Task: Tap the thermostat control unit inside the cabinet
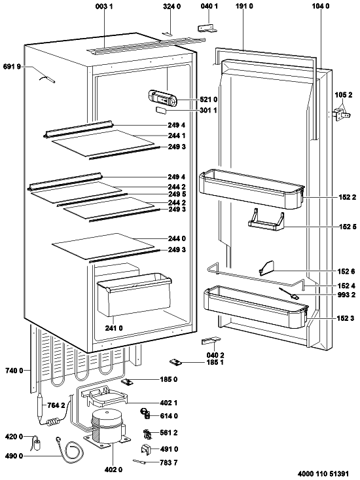click(162, 98)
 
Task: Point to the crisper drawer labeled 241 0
click(134, 294)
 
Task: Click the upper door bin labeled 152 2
click(251, 190)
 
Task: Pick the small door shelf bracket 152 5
click(266, 220)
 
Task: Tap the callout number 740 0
click(14, 371)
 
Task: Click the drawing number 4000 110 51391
click(323, 473)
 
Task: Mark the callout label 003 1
click(104, 6)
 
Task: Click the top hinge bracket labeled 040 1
click(207, 28)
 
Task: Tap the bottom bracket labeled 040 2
click(211, 341)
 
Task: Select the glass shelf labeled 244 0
click(103, 245)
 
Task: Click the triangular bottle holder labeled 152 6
click(266, 268)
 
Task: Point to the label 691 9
click(12, 66)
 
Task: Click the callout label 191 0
click(244, 6)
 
